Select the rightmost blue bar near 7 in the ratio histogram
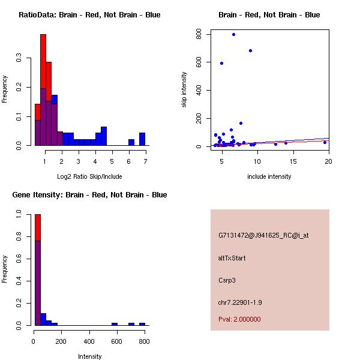pyautogui.click(x=142, y=139)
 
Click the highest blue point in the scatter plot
pyautogui.click(x=233, y=35)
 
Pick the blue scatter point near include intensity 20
pyautogui.click(x=325, y=142)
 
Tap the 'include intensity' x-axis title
pyautogui.click(x=269, y=176)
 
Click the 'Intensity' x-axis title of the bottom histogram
pyautogui.click(x=89, y=356)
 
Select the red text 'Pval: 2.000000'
pyautogui.click(x=239, y=319)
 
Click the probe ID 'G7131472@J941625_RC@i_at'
pyautogui.click(x=263, y=236)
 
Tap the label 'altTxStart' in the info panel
pyautogui.click(x=232, y=258)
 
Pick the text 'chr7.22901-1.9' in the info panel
pyautogui.click(x=240, y=302)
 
